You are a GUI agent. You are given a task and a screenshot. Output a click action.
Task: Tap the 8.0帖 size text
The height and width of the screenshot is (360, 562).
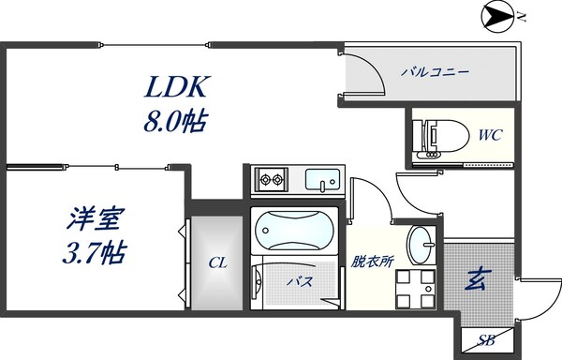click(174, 121)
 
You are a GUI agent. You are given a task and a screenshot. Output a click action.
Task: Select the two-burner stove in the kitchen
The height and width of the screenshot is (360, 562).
click(273, 178)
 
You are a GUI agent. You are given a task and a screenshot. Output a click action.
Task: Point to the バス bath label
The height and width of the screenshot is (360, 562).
click(299, 280)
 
